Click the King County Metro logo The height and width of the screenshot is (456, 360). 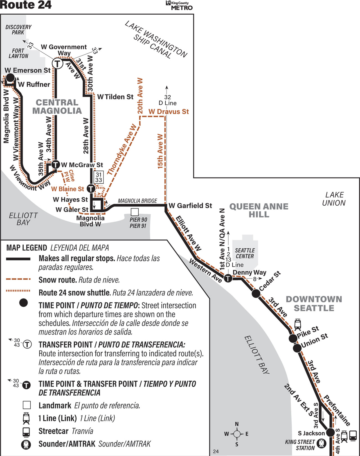pos(179,5)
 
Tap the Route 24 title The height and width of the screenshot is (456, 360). pos(26,5)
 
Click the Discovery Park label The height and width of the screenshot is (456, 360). pos(18,30)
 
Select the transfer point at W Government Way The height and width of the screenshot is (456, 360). pos(58,63)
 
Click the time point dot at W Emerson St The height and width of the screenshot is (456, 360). pos(10,78)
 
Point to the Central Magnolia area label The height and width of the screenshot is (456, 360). pos(57,107)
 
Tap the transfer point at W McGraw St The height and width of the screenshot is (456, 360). pos(55,164)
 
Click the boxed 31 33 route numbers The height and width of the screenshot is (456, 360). pos(98,177)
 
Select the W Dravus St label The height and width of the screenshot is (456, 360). pos(168,112)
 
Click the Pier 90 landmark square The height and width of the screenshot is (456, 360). pos(135,212)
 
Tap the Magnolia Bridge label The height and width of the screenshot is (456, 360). pos(137,201)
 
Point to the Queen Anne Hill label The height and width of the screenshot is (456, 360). pos(259,210)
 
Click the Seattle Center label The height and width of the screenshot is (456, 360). pos(245,253)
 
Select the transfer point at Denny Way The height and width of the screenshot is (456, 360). pos(228,278)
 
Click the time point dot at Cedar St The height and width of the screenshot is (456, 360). pos(256,293)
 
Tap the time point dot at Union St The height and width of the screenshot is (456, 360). pos(297,348)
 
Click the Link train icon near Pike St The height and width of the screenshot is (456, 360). pos(298,324)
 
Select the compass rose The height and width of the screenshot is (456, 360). pos(237,434)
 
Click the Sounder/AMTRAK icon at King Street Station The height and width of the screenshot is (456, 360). pos(321,444)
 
